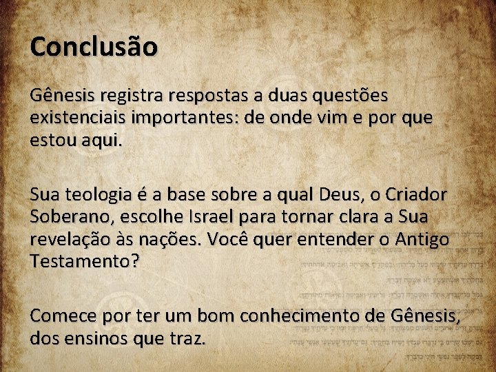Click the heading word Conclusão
tap(94, 47)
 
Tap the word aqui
tap(103, 141)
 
